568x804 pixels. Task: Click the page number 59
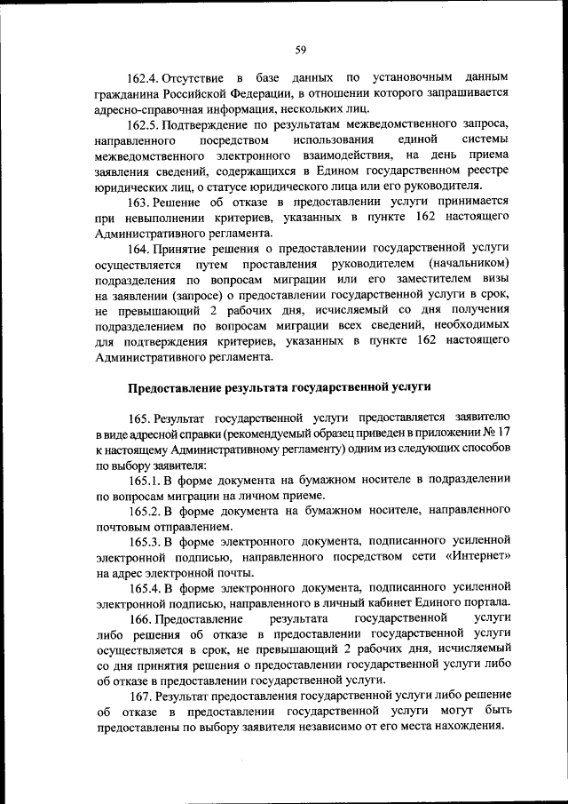(x=301, y=49)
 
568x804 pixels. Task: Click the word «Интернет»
(x=476, y=557)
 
